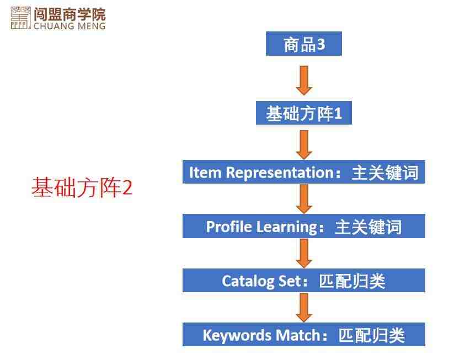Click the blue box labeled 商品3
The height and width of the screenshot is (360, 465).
(x=304, y=44)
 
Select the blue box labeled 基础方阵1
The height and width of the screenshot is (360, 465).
(x=304, y=113)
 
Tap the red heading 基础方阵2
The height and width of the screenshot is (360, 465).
(x=82, y=187)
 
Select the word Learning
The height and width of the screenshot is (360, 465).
(x=286, y=227)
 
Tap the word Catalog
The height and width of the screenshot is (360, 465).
(x=248, y=281)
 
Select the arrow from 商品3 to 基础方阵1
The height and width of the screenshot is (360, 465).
(x=304, y=80)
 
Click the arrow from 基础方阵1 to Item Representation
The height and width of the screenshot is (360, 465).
(x=304, y=145)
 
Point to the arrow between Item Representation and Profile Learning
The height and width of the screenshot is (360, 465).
(x=304, y=199)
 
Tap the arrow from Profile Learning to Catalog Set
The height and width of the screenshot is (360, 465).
(x=304, y=254)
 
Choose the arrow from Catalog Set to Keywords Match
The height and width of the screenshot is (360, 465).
(x=304, y=307)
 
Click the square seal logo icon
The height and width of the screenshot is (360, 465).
(x=20, y=18)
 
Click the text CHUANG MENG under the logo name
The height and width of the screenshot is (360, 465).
(x=70, y=26)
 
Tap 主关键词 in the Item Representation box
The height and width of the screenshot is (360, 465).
(x=385, y=173)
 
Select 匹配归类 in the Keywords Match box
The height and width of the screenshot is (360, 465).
(x=372, y=335)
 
